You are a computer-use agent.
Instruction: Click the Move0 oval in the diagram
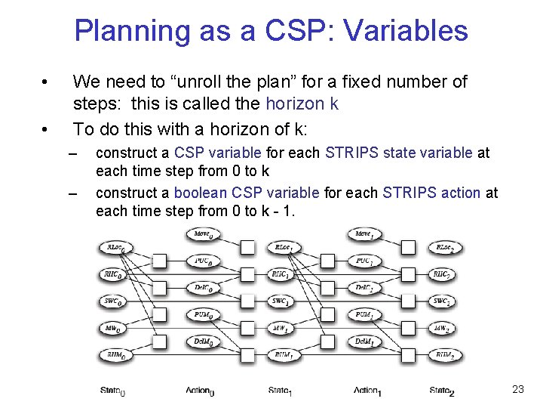coord(202,234)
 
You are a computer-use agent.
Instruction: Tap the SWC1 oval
coord(283,301)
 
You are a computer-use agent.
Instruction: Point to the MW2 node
coord(442,329)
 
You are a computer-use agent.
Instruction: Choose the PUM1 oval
coord(364,314)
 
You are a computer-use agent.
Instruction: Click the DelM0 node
coord(202,342)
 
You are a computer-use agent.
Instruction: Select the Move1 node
coord(365,234)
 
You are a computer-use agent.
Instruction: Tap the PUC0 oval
coord(202,261)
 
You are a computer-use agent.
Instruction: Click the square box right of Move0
coord(247,247)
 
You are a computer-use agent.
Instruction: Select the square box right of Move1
coord(408,247)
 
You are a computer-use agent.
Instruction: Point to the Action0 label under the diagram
coord(201,391)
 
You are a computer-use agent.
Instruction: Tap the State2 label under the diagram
coord(442,391)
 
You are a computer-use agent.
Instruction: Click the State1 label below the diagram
coord(280,391)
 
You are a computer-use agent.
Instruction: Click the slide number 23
coord(517,389)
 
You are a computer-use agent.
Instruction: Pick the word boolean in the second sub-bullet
coord(201,193)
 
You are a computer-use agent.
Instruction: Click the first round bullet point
coord(47,82)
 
